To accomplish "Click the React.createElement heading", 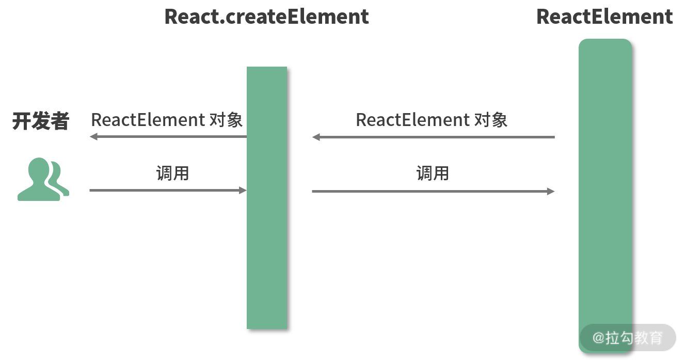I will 266,17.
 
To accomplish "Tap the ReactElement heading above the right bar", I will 604,17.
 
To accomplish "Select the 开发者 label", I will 40,122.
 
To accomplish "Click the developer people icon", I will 43,179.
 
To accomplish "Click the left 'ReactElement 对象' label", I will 167,120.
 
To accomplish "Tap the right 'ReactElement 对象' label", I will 432,120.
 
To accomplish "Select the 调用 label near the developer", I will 172,173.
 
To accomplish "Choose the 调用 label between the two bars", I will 433,173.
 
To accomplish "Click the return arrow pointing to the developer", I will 168,136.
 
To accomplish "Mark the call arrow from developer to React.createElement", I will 168,191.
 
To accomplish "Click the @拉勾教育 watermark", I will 627,338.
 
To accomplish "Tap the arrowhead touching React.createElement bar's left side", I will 243,191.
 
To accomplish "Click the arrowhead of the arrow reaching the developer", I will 93,136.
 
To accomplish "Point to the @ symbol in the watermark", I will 598,338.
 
